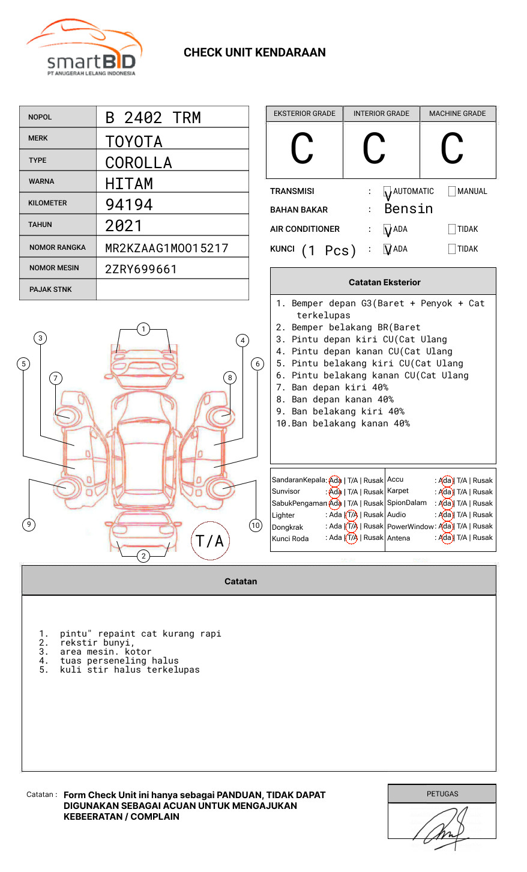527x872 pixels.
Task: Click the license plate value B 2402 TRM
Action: pyautogui.click(x=153, y=118)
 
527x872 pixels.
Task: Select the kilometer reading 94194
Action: pyautogui.click(x=129, y=205)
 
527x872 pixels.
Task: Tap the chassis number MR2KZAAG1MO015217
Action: pyautogui.click(x=166, y=248)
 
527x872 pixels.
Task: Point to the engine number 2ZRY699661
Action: pyautogui.click(x=141, y=269)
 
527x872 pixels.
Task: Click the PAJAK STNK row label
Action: pyautogui.click(x=50, y=289)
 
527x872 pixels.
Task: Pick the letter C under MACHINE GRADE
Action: pyautogui.click(x=452, y=149)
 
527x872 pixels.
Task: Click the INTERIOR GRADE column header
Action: pyautogui.click(x=381, y=114)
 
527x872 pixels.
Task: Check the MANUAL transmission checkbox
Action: pyautogui.click(x=452, y=192)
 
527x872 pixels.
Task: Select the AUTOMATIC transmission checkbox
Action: pyautogui.click(x=388, y=192)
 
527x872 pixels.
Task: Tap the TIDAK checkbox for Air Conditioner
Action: pyautogui.click(x=452, y=229)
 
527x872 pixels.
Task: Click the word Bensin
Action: pyautogui.click(x=408, y=209)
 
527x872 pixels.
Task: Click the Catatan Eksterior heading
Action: pyautogui.click(x=384, y=282)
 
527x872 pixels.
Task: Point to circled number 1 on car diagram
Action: pyautogui.click(x=143, y=329)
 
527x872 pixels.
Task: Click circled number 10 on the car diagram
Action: pyautogui.click(x=256, y=525)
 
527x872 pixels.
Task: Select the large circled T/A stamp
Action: pyautogui.click(x=209, y=541)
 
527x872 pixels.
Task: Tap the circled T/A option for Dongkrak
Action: pyautogui.click(x=352, y=527)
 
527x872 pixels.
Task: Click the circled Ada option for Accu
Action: pyautogui.click(x=445, y=480)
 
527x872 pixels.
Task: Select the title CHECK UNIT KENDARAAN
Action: pyautogui.click(x=254, y=53)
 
